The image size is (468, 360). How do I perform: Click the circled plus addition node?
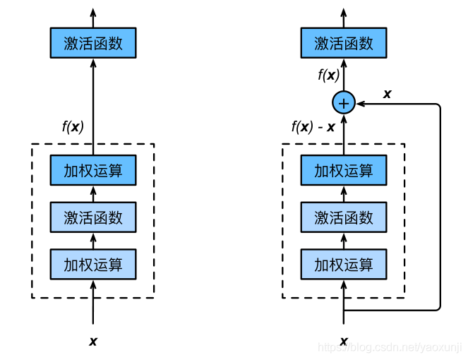(343, 103)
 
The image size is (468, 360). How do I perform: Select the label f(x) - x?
(313, 128)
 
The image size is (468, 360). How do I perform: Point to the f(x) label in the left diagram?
(73, 127)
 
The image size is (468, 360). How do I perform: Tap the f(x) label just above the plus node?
(328, 75)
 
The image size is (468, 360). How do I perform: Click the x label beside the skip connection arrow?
(387, 93)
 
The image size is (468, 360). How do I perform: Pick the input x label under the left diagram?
(92, 342)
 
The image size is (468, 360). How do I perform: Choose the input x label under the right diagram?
(343, 342)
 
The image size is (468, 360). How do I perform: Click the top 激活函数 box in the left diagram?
(92, 43)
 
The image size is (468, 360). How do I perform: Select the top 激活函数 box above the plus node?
(343, 43)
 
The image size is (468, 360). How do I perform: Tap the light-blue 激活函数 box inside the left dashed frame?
(92, 217)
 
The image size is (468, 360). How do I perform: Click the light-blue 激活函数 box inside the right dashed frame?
(343, 217)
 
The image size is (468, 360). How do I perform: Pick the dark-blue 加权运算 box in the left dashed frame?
(92, 170)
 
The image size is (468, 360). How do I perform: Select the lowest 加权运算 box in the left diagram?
(92, 265)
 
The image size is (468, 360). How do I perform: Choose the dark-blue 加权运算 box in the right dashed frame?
(343, 170)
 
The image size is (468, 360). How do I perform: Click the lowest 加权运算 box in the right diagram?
(343, 265)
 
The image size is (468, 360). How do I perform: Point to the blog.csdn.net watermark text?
(389, 348)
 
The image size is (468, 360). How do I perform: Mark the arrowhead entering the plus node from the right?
(360, 103)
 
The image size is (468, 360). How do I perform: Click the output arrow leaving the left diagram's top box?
(92, 18)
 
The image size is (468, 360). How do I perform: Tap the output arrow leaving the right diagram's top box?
(343, 18)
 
